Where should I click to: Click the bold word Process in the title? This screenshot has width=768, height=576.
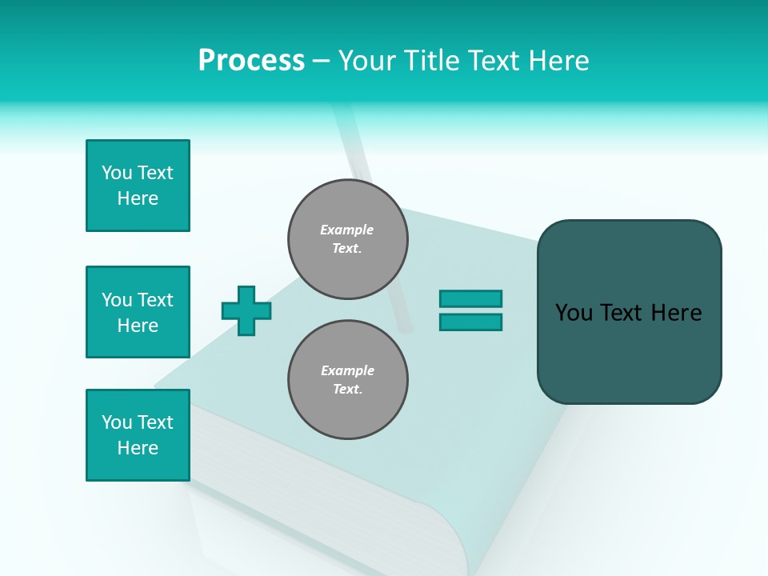[251, 61]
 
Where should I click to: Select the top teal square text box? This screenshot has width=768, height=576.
[138, 186]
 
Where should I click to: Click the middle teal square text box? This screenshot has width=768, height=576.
[138, 312]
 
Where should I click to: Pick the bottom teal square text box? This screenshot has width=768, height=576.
[138, 435]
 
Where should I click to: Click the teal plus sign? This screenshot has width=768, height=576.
[246, 310]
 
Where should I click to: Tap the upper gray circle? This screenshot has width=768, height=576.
[348, 239]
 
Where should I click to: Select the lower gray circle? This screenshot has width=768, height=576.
[348, 379]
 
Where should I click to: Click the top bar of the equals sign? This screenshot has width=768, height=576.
[470, 298]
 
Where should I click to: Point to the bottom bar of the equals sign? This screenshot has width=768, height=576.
[470, 322]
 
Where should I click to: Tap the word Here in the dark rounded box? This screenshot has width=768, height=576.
[676, 313]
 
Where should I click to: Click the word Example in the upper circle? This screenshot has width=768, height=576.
[347, 230]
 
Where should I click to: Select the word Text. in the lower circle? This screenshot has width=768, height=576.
[347, 390]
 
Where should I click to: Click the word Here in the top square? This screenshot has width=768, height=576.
[138, 198]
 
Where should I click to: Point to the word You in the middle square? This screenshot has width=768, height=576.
[116, 300]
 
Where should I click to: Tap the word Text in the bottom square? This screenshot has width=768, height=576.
[155, 422]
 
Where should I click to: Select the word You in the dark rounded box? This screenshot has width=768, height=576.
[574, 313]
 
